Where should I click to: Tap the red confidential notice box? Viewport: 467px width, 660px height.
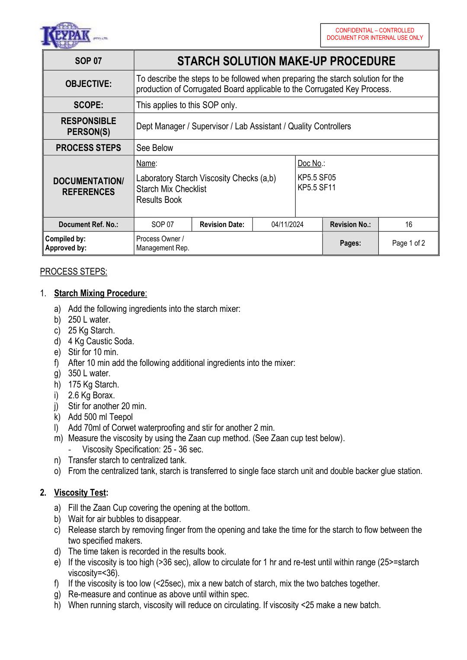374,34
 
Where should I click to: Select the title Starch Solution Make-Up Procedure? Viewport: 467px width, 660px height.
286,61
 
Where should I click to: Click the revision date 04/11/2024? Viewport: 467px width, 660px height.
287,224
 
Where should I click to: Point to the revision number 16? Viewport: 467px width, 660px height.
408,224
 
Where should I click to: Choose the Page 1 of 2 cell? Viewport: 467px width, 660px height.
408,243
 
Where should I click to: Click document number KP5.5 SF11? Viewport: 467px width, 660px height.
317,188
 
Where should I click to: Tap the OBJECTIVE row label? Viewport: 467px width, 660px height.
88,84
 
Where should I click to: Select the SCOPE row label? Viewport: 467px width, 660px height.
88,105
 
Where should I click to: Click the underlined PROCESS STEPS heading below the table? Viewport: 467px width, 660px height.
74,272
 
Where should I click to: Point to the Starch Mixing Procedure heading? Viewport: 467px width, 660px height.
100,293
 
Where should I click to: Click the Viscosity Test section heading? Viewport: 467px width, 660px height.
80,493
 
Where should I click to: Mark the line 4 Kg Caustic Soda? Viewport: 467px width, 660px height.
101,341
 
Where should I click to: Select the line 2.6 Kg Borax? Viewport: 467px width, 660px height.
91,395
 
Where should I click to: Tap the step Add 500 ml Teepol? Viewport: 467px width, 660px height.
100,417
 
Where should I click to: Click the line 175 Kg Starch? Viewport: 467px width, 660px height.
93,384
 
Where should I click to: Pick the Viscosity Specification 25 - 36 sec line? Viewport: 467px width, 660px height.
143,449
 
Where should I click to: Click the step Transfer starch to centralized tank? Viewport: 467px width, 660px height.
127,460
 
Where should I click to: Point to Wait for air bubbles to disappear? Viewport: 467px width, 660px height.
125,519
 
